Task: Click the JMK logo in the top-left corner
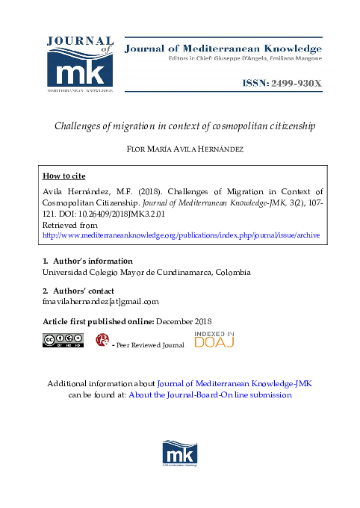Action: tap(80, 64)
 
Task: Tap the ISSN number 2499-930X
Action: tap(280, 84)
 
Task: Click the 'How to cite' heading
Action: tap(64, 176)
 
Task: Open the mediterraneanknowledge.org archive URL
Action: tap(181, 234)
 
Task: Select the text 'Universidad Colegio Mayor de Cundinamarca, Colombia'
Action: tap(146, 272)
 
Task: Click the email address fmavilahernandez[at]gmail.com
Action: tap(101, 301)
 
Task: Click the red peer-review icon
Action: tap(102, 341)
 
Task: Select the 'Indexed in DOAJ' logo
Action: tap(214, 338)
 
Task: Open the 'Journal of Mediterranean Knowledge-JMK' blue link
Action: tap(235, 382)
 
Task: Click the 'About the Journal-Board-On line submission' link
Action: tap(210, 394)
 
